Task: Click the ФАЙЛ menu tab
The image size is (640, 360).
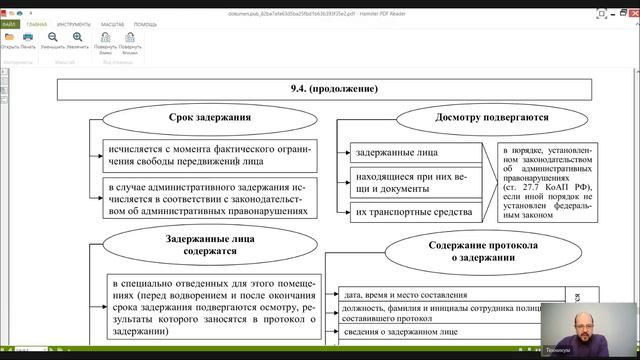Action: pos(9,22)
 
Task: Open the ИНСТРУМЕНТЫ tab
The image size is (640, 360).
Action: pos(75,22)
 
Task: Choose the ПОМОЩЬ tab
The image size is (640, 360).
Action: pos(145,22)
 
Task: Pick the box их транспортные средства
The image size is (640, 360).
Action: pos(415,211)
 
